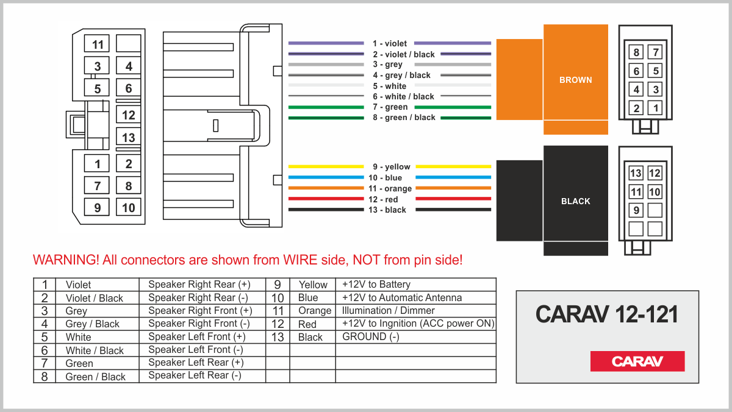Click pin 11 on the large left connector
(98, 44)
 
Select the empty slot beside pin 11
(128, 43)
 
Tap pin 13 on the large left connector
(128, 138)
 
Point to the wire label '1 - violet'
(390, 44)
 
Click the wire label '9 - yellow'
(391, 167)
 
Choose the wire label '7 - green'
(390, 107)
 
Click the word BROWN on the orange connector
(575, 80)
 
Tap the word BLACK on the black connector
(575, 201)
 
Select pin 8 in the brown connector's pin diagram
(636, 52)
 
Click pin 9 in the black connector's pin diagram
(636, 210)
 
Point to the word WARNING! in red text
(65, 260)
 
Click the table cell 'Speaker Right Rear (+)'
(199, 285)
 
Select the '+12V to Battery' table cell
(376, 285)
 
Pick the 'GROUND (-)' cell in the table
(371, 336)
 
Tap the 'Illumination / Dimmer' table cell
(389, 311)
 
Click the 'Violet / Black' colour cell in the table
(94, 298)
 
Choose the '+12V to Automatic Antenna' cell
(402, 298)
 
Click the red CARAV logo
(637, 361)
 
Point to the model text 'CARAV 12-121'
(607, 314)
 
